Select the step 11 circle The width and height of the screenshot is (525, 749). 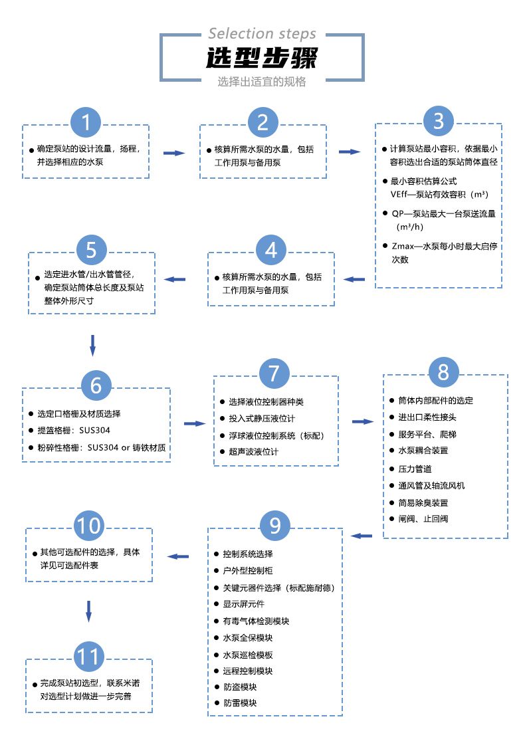[88, 657]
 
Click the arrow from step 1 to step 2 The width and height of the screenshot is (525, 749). [173, 153]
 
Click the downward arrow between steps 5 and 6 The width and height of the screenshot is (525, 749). [92, 345]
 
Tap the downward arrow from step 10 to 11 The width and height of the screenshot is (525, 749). [88, 610]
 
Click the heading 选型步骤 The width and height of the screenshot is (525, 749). [262, 58]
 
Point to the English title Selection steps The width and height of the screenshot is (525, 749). [262, 33]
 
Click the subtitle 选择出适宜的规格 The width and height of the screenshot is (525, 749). [262, 82]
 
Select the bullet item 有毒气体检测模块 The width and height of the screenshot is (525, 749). [256, 621]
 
